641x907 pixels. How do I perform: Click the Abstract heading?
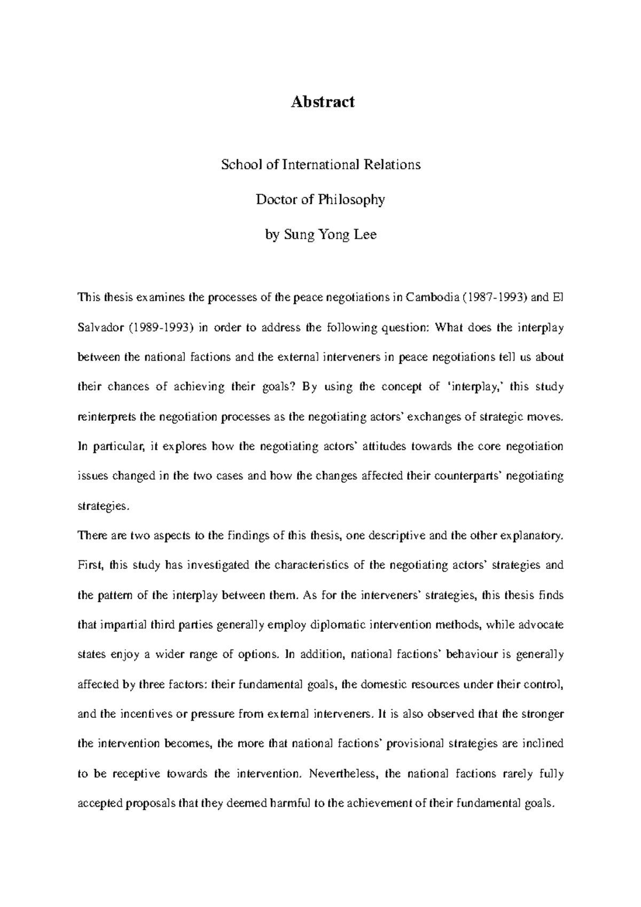coord(322,102)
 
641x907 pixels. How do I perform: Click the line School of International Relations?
coord(321,165)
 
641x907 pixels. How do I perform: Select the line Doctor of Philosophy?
coord(320,200)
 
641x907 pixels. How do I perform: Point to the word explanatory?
coord(531,536)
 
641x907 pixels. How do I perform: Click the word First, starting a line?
coord(89,565)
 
